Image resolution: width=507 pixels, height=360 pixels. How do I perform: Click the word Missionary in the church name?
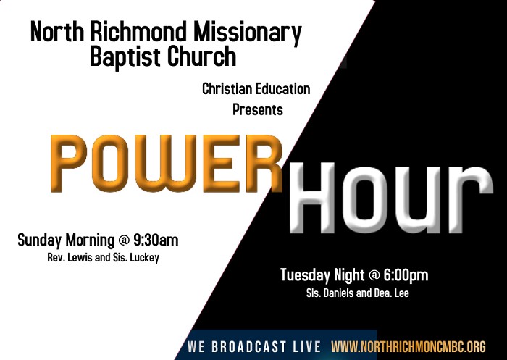tap(248, 33)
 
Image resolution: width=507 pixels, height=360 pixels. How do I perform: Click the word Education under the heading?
tap(283, 89)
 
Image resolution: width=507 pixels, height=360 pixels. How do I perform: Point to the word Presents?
tap(258, 109)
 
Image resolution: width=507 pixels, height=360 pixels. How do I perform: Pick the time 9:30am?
tap(156, 240)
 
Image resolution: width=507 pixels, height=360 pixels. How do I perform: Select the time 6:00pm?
tap(406, 275)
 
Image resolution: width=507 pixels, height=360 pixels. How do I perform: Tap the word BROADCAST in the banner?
tap(248, 346)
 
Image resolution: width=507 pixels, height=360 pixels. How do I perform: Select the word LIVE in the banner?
tap(306, 346)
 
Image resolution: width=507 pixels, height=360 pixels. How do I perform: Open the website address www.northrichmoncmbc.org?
tap(408, 346)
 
